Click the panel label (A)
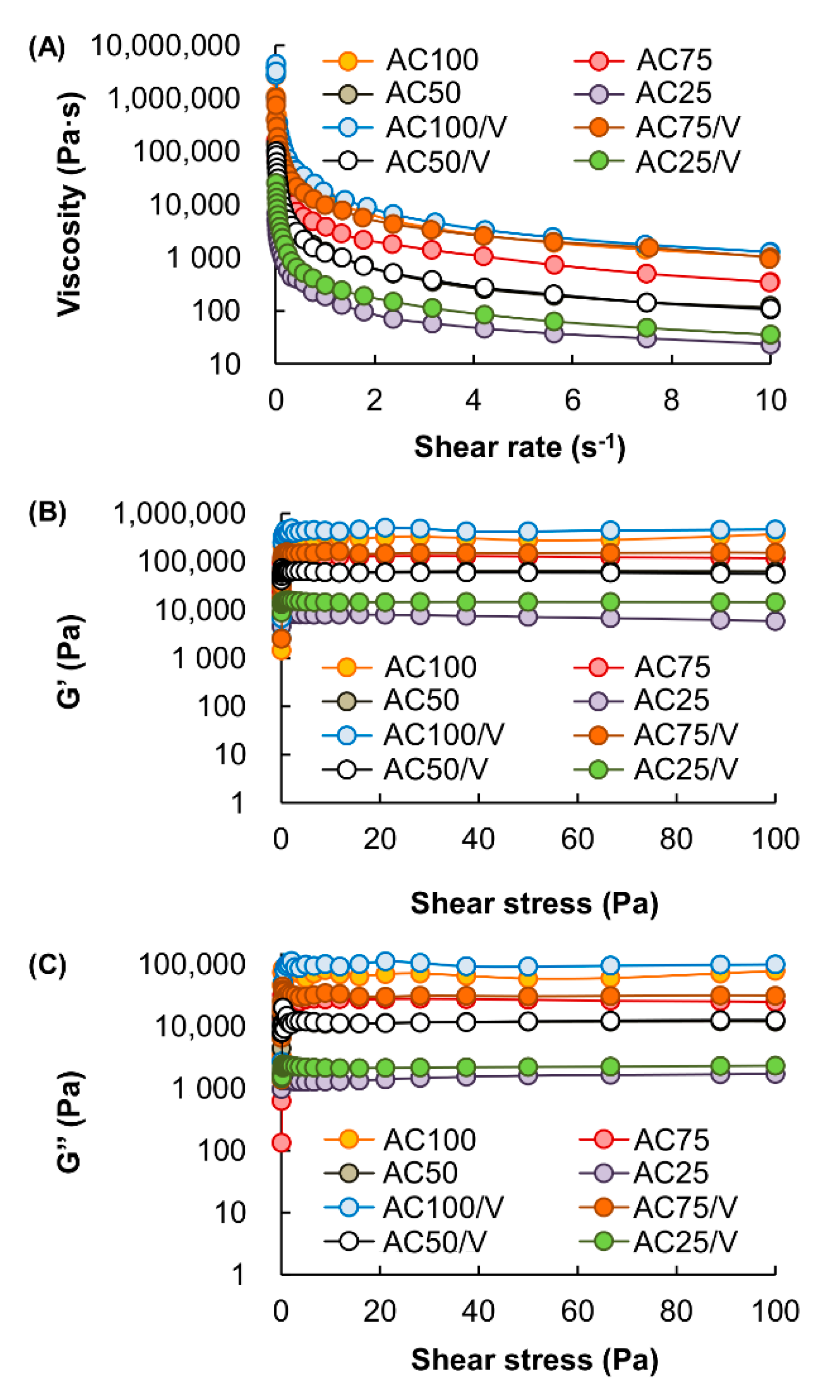47,48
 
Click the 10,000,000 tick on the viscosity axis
165,45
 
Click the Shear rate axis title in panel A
520,447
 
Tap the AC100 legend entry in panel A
431,60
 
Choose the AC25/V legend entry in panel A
687,162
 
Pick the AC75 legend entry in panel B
672,667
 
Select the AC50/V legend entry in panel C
434,1241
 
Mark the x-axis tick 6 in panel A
573,400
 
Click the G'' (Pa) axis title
70,1122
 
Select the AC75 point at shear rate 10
769,282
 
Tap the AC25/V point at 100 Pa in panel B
775,602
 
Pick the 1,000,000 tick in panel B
179,514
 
